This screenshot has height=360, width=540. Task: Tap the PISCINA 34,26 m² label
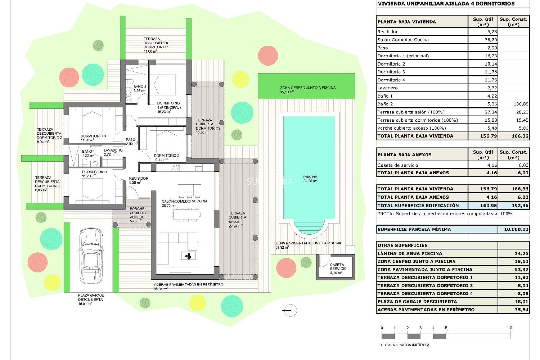tap(310, 179)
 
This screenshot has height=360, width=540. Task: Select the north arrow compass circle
tap(290, 310)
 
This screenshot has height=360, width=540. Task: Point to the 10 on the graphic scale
tap(510, 328)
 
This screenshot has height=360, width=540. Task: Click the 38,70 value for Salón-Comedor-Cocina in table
tap(490, 40)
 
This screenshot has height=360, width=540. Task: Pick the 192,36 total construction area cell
tap(520, 206)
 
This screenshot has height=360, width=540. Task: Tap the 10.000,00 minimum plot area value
tap(516, 229)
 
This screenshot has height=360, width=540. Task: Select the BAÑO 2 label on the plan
tap(140, 88)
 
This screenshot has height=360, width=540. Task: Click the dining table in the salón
tap(186, 215)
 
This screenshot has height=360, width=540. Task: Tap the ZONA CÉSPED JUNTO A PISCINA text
tap(308, 89)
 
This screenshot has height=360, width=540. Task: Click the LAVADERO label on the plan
tap(113, 152)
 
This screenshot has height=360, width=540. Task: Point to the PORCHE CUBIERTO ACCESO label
tap(138, 215)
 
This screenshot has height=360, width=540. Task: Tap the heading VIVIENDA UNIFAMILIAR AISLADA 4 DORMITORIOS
tap(446, 4)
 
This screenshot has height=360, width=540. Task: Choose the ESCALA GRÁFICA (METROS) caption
tap(405, 345)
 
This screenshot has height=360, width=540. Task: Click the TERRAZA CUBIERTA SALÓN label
tap(237, 219)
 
